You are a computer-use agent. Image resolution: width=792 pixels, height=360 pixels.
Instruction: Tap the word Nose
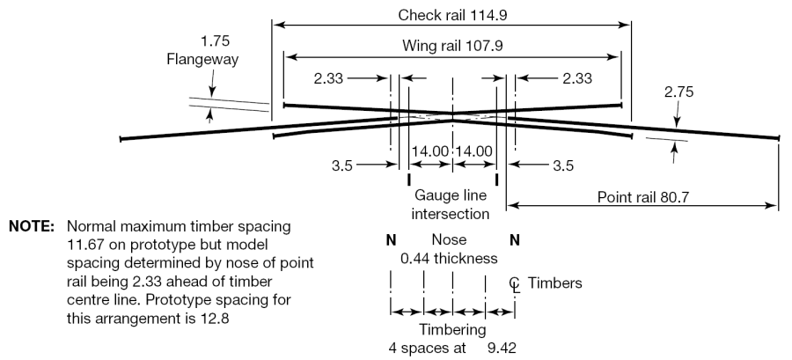pyautogui.click(x=450, y=240)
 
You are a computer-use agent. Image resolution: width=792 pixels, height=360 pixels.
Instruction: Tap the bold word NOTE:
pyautogui.click(x=33, y=225)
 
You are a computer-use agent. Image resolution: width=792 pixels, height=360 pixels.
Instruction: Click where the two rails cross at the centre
pyautogui.click(x=451, y=115)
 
